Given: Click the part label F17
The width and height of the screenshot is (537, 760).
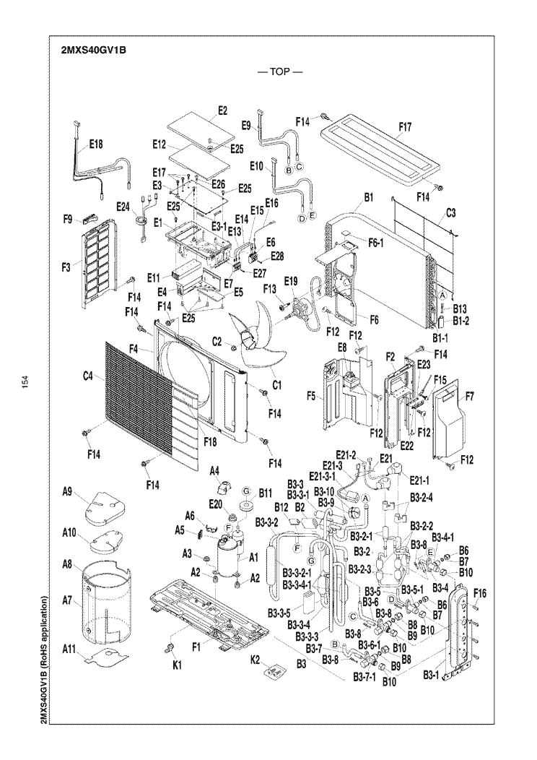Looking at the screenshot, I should tap(406, 126).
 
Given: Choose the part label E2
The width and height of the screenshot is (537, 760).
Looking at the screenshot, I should tap(222, 110).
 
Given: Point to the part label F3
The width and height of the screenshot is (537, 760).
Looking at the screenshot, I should tap(66, 267).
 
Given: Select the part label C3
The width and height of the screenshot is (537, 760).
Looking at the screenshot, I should tap(451, 214).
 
